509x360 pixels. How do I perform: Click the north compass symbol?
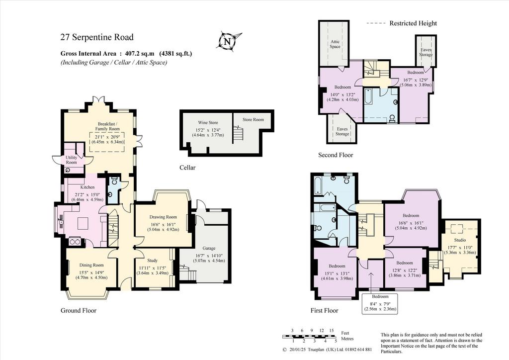point(229,42)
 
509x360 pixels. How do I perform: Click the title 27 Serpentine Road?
point(97,37)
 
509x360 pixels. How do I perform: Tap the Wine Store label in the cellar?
point(208,123)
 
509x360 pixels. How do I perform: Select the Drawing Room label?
point(163,217)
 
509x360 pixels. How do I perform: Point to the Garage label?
point(209,248)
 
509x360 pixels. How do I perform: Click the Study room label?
point(152,261)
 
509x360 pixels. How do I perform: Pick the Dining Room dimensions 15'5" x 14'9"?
point(91,272)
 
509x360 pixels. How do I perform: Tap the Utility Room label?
point(72,160)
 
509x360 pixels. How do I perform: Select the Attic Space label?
point(335,44)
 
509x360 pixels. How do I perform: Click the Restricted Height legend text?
point(413,23)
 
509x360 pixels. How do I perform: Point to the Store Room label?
point(253,119)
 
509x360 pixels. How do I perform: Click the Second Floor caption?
point(336,155)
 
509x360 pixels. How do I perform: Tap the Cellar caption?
point(187,168)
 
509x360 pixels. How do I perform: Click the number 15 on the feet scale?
point(332,331)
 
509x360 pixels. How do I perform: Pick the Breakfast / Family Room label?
point(107,126)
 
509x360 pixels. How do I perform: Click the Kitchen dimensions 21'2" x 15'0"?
point(87,194)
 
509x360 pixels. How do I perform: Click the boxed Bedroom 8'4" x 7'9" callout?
point(380,302)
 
